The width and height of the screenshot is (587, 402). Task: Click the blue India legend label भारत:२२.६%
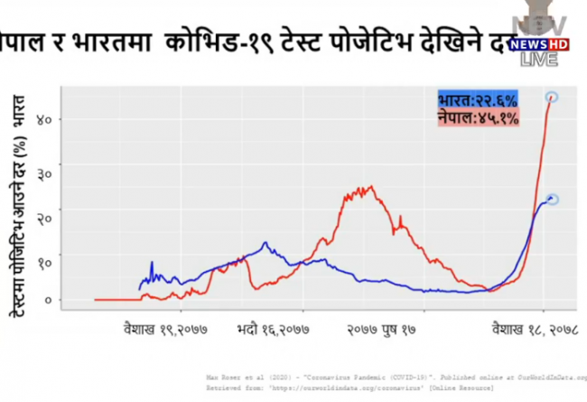tap(477, 100)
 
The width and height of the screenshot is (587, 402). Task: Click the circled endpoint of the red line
tap(551, 97)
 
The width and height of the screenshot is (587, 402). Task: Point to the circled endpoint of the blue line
tap(553, 199)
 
